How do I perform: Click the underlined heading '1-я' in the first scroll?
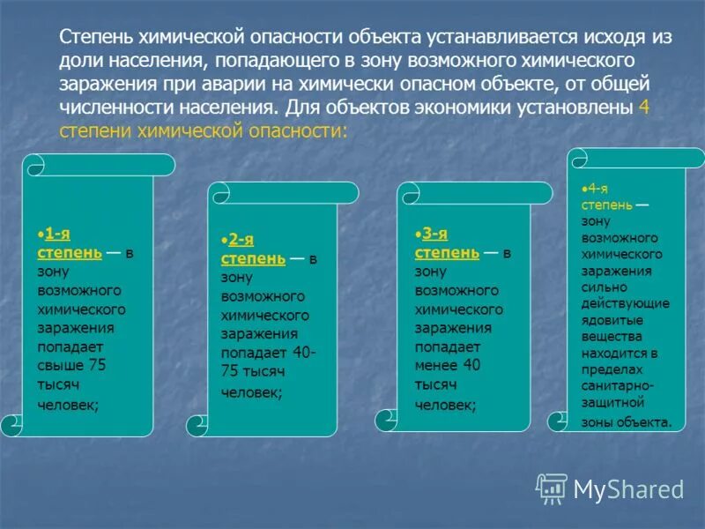point(58,234)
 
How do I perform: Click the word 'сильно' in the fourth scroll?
point(604,287)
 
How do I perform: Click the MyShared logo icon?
point(553,488)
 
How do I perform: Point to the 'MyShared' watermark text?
point(628,488)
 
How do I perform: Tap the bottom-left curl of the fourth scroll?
point(559,421)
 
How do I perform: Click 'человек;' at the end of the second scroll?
point(251,394)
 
